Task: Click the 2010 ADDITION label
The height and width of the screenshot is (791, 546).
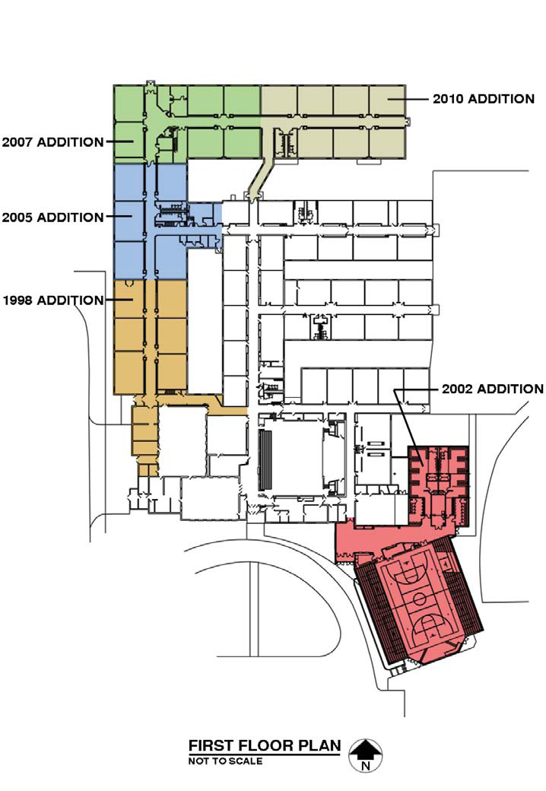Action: click(484, 98)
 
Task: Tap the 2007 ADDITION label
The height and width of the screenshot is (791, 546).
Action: click(53, 141)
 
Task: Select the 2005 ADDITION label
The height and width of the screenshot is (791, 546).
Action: click(53, 218)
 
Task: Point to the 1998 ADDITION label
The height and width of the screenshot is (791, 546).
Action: click(53, 300)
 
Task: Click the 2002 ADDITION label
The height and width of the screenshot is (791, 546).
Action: click(493, 389)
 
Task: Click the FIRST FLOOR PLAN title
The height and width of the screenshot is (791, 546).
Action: click(265, 745)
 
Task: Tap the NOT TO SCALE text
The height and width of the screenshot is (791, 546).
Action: click(225, 761)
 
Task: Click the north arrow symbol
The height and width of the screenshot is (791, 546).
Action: click(366, 749)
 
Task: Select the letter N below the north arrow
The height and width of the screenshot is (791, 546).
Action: click(366, 766)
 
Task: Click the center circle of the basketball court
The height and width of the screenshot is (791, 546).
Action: click(419, 599)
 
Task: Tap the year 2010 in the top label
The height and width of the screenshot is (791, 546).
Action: click(448, 98)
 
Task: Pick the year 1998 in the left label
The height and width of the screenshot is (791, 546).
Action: click(17, 300)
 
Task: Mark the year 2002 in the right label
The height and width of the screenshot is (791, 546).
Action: click(457, 389)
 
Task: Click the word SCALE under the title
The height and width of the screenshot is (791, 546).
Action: click(246, 761)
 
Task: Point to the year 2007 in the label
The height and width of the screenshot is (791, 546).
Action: click(17, 141)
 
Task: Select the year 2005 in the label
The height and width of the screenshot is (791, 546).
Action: click(17, 218)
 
